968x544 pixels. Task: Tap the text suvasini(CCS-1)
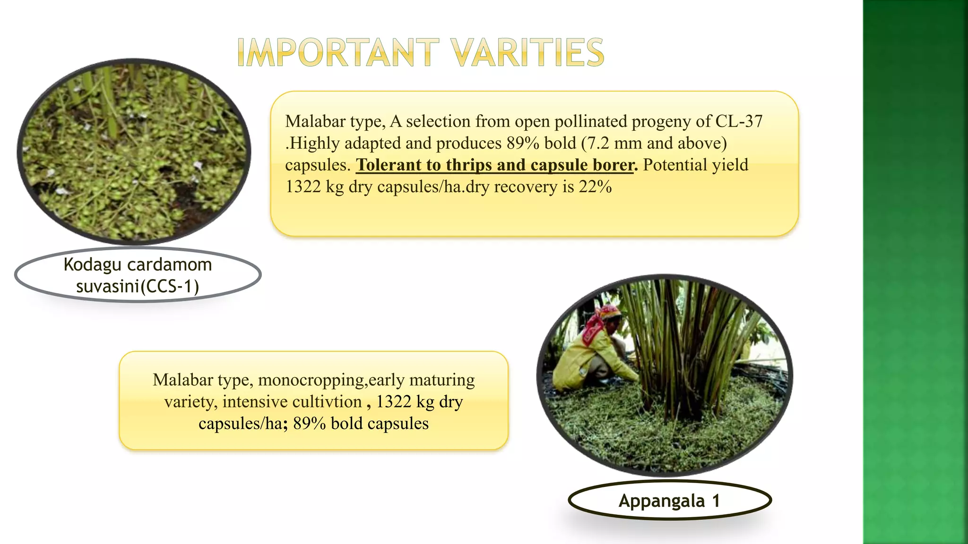click(x=138, y=286)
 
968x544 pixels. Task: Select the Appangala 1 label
click(x=669, y=501)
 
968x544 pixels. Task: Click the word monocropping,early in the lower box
click(x=366, y=380)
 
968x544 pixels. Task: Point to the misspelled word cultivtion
click(x=327, y=401)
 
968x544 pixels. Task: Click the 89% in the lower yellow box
click(x=309, y=423)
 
